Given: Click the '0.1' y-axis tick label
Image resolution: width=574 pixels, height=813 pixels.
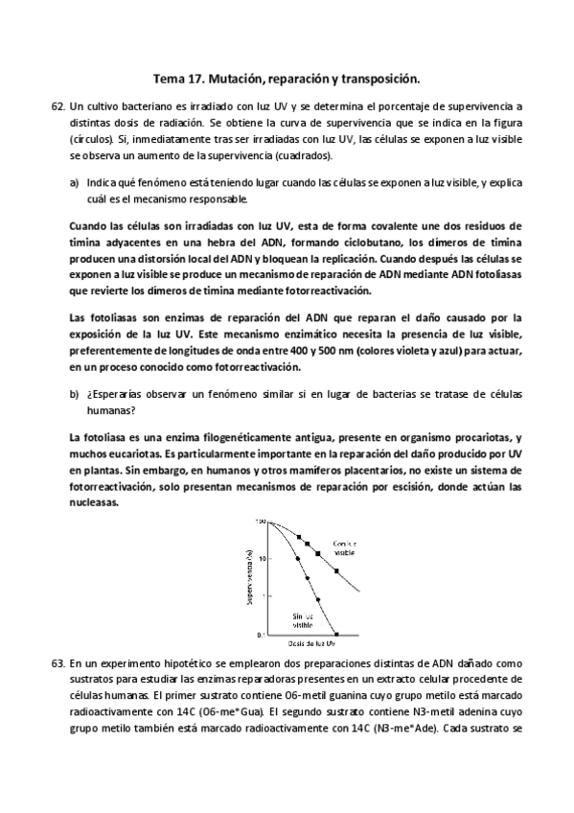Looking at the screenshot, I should coord(261,635).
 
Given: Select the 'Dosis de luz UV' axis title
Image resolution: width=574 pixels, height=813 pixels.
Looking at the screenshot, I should coord(305,644).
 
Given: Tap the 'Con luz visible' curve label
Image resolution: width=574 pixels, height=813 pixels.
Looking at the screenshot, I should coord(345,548).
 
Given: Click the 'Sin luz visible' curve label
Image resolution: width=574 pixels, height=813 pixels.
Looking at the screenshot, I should coord(303,619).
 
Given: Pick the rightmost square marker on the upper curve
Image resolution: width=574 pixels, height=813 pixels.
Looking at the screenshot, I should coord(336,571).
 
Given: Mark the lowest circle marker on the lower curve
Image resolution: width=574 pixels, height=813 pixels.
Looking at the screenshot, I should coord(317,600).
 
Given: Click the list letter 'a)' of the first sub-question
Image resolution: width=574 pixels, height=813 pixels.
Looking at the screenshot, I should coord(74,180).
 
